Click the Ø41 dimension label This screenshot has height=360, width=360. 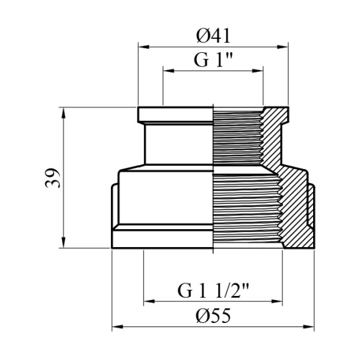point(213,36)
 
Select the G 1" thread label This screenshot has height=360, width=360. point(213,59)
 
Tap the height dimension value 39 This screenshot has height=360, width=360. point(52,178)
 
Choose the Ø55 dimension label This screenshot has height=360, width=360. point(213,316)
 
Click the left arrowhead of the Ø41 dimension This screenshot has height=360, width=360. point(144,47)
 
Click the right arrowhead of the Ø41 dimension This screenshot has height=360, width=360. point(283,47)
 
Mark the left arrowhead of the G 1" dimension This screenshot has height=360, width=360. point(168,71)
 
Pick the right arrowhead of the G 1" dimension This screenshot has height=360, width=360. point(258,71)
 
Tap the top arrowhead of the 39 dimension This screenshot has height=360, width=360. point(63,113)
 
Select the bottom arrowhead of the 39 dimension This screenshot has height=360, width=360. point(63,242)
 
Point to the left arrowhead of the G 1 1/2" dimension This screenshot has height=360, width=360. point(149,301)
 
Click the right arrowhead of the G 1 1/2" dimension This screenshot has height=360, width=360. point(277,301)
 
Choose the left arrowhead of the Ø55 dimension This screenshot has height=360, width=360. point(118,326)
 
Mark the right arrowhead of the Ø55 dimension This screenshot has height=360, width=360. point(308,326)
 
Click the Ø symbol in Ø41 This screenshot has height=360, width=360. point(202,36)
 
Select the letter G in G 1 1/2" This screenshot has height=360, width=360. point(184,291)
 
